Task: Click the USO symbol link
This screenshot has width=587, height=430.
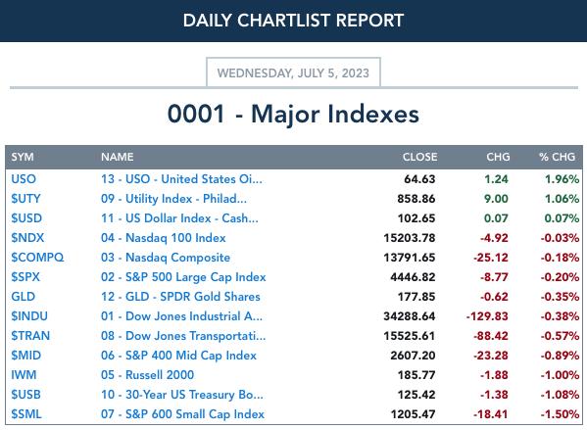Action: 24,179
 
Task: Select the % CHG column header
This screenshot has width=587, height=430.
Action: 557,157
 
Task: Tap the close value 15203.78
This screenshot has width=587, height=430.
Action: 410,238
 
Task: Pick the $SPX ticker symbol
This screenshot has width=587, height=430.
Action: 25,277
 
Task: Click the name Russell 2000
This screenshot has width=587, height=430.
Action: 160,374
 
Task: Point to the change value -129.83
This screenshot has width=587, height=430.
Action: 487,316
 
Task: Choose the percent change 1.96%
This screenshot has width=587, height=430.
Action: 562,179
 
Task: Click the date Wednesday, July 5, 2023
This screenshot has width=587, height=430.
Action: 293,73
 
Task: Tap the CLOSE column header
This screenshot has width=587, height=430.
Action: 419,157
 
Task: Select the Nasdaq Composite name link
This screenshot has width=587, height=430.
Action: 177,258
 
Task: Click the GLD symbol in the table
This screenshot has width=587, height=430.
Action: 24,297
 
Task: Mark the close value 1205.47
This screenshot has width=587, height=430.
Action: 413,414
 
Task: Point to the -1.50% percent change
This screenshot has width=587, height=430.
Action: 560,414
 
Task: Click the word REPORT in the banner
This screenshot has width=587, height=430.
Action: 369,21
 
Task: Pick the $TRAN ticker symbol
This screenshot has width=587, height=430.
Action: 30,336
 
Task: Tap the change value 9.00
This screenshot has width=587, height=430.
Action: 496,199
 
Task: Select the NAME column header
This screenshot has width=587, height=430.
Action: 118,157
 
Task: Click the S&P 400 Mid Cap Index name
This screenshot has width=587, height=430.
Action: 191,356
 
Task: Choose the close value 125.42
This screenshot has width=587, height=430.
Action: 416,395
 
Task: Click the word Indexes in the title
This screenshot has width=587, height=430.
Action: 373,114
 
